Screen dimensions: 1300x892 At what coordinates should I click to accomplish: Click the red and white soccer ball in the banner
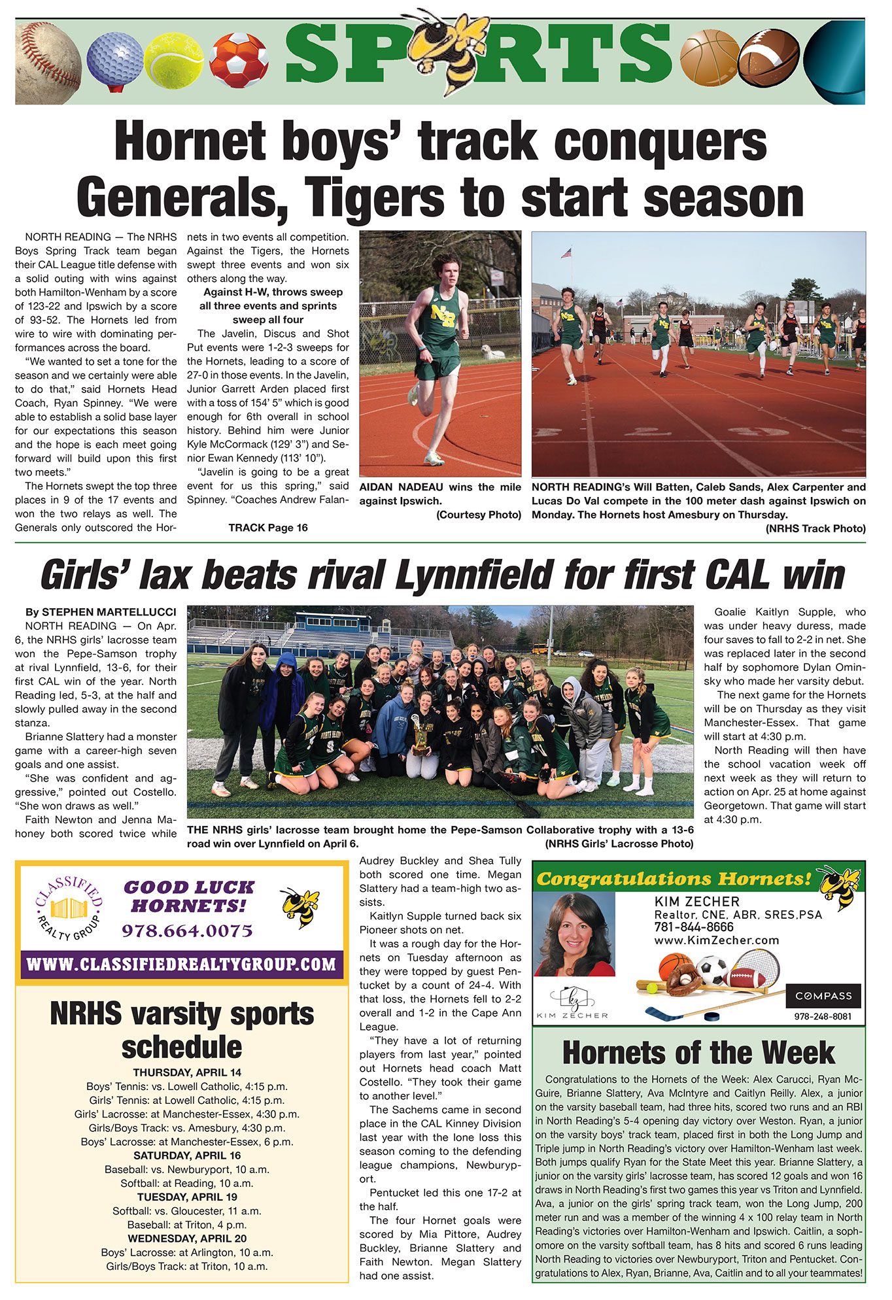pyautogui.click(x=239, y=60)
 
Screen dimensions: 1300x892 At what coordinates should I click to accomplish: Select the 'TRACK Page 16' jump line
pyautogui.click(x=268, y=528)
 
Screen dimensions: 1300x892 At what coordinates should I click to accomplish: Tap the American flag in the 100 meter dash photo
pyautogui.click(x=566, y=252)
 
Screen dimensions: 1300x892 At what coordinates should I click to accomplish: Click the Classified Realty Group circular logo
pyautogui.click(x=69, y=909)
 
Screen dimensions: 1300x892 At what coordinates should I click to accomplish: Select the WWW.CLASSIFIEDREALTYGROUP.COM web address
pyautogui.click(x=182, y=964)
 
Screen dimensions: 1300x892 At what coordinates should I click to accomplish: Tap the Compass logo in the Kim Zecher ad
pyautogui.click(x=823, y=996)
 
